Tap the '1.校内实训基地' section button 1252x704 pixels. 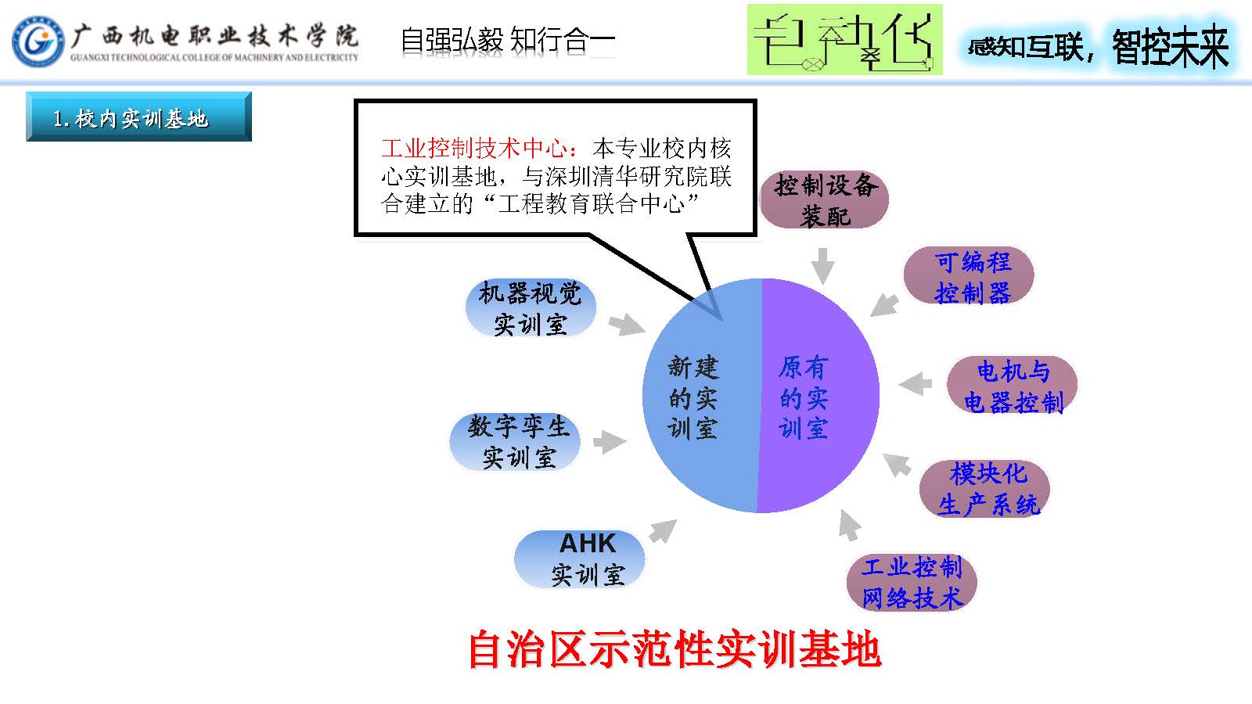139,117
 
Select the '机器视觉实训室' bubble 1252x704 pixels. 531,308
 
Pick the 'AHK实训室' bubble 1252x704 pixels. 580,559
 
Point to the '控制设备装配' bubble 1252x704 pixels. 824,200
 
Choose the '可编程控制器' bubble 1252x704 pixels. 969,276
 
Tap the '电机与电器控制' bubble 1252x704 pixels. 1012,386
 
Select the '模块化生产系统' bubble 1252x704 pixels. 984,489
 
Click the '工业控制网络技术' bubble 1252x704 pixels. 912,582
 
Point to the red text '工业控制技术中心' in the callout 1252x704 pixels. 479,148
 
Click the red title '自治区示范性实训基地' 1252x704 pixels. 675,649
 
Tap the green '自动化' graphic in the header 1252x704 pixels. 844,40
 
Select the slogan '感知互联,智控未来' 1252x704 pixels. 1099,46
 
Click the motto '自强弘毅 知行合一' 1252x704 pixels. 507,40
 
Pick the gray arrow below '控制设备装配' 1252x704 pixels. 822,266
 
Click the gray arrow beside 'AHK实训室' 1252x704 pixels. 662,531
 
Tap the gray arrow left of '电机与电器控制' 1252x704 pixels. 916,383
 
